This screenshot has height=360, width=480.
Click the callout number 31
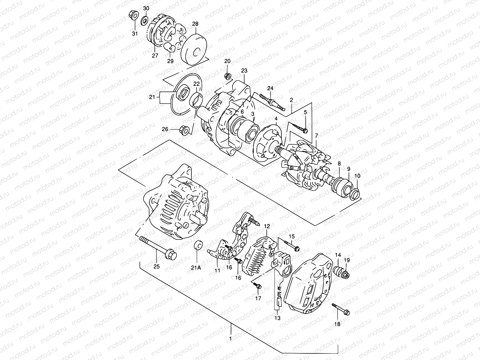135,33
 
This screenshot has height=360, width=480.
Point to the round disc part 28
194,51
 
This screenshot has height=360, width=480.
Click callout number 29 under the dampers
170,61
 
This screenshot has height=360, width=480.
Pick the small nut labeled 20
228,76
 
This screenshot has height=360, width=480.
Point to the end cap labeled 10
355,193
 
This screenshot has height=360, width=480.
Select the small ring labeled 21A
198,245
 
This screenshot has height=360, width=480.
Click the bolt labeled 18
340,310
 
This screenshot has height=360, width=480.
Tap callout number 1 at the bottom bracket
230,339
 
